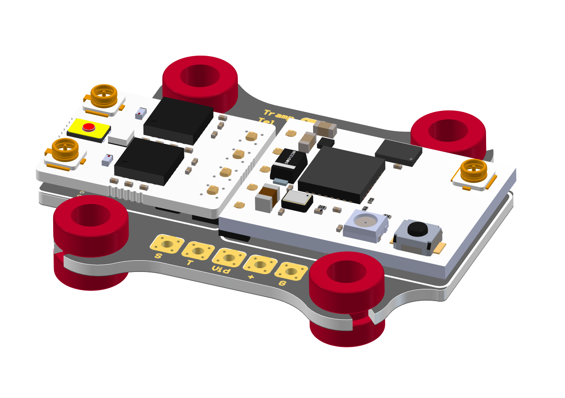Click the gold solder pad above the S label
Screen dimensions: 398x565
coord(167,244)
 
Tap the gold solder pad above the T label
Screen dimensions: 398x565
coord(197,251)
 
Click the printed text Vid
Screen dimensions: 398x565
coord(222,269)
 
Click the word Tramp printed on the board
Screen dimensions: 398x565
coord(278,115)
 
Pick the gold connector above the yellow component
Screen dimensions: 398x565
coord(104,96)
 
